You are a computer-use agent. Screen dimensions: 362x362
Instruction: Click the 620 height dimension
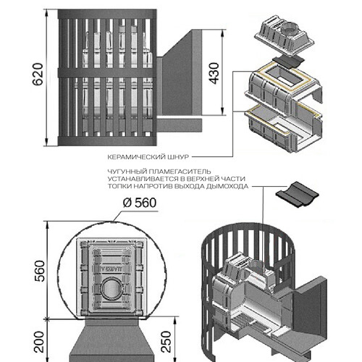[x=38, y=74]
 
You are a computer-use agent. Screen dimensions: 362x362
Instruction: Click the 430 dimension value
[x=214, y=73]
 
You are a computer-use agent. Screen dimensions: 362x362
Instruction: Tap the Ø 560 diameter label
[x=140, y=203]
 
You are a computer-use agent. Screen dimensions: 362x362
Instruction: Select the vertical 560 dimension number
[x=40, y=271]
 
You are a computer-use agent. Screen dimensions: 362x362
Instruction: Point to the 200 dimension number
[x=39, y=342]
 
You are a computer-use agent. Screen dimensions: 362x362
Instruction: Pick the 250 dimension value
[x=166, y=342]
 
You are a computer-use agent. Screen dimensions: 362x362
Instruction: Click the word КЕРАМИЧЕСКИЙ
[x=136, y=157]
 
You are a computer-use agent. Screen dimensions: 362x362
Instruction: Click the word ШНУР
[x=178, y=157]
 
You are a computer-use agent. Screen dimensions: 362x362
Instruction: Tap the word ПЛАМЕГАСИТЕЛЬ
[x=180, y=172]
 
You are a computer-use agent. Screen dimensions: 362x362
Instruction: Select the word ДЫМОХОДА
[x=227, y=187]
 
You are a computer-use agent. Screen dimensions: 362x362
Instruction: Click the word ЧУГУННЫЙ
[x=127, y=172]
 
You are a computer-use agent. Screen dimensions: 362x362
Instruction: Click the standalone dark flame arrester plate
[x=298, y=195]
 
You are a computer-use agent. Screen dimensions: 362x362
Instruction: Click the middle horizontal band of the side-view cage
[x=107, y=73]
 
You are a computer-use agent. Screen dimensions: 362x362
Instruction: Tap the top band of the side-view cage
[x=107, y=14]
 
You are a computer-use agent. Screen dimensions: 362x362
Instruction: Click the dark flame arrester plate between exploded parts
[x=287, y=62]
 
